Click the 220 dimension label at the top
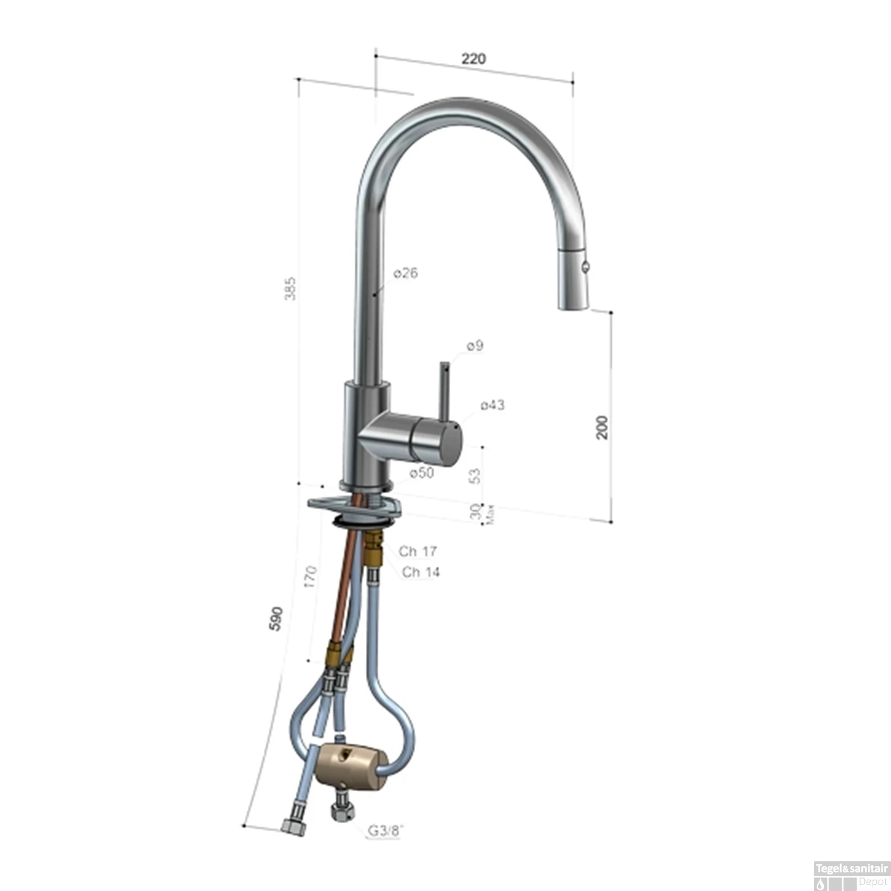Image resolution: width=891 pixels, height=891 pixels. (473, 58)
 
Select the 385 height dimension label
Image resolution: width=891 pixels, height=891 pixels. (290, 288)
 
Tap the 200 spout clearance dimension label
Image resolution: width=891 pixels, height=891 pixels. (602, 427)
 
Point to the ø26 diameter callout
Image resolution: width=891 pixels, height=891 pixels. (406, 273)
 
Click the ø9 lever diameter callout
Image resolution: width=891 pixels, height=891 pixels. (475, 345)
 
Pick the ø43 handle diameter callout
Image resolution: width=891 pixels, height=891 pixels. (492, 405)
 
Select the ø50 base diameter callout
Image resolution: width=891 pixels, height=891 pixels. (422, 473)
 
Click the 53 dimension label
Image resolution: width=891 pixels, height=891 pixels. (475, 475)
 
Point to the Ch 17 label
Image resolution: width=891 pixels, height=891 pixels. (418, 551)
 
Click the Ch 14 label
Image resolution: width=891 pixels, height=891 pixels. (421, 572)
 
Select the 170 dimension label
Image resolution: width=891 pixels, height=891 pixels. (310, 577)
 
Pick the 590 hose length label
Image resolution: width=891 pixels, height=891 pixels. (276, 618)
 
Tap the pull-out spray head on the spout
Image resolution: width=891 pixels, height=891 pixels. (574, 279)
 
